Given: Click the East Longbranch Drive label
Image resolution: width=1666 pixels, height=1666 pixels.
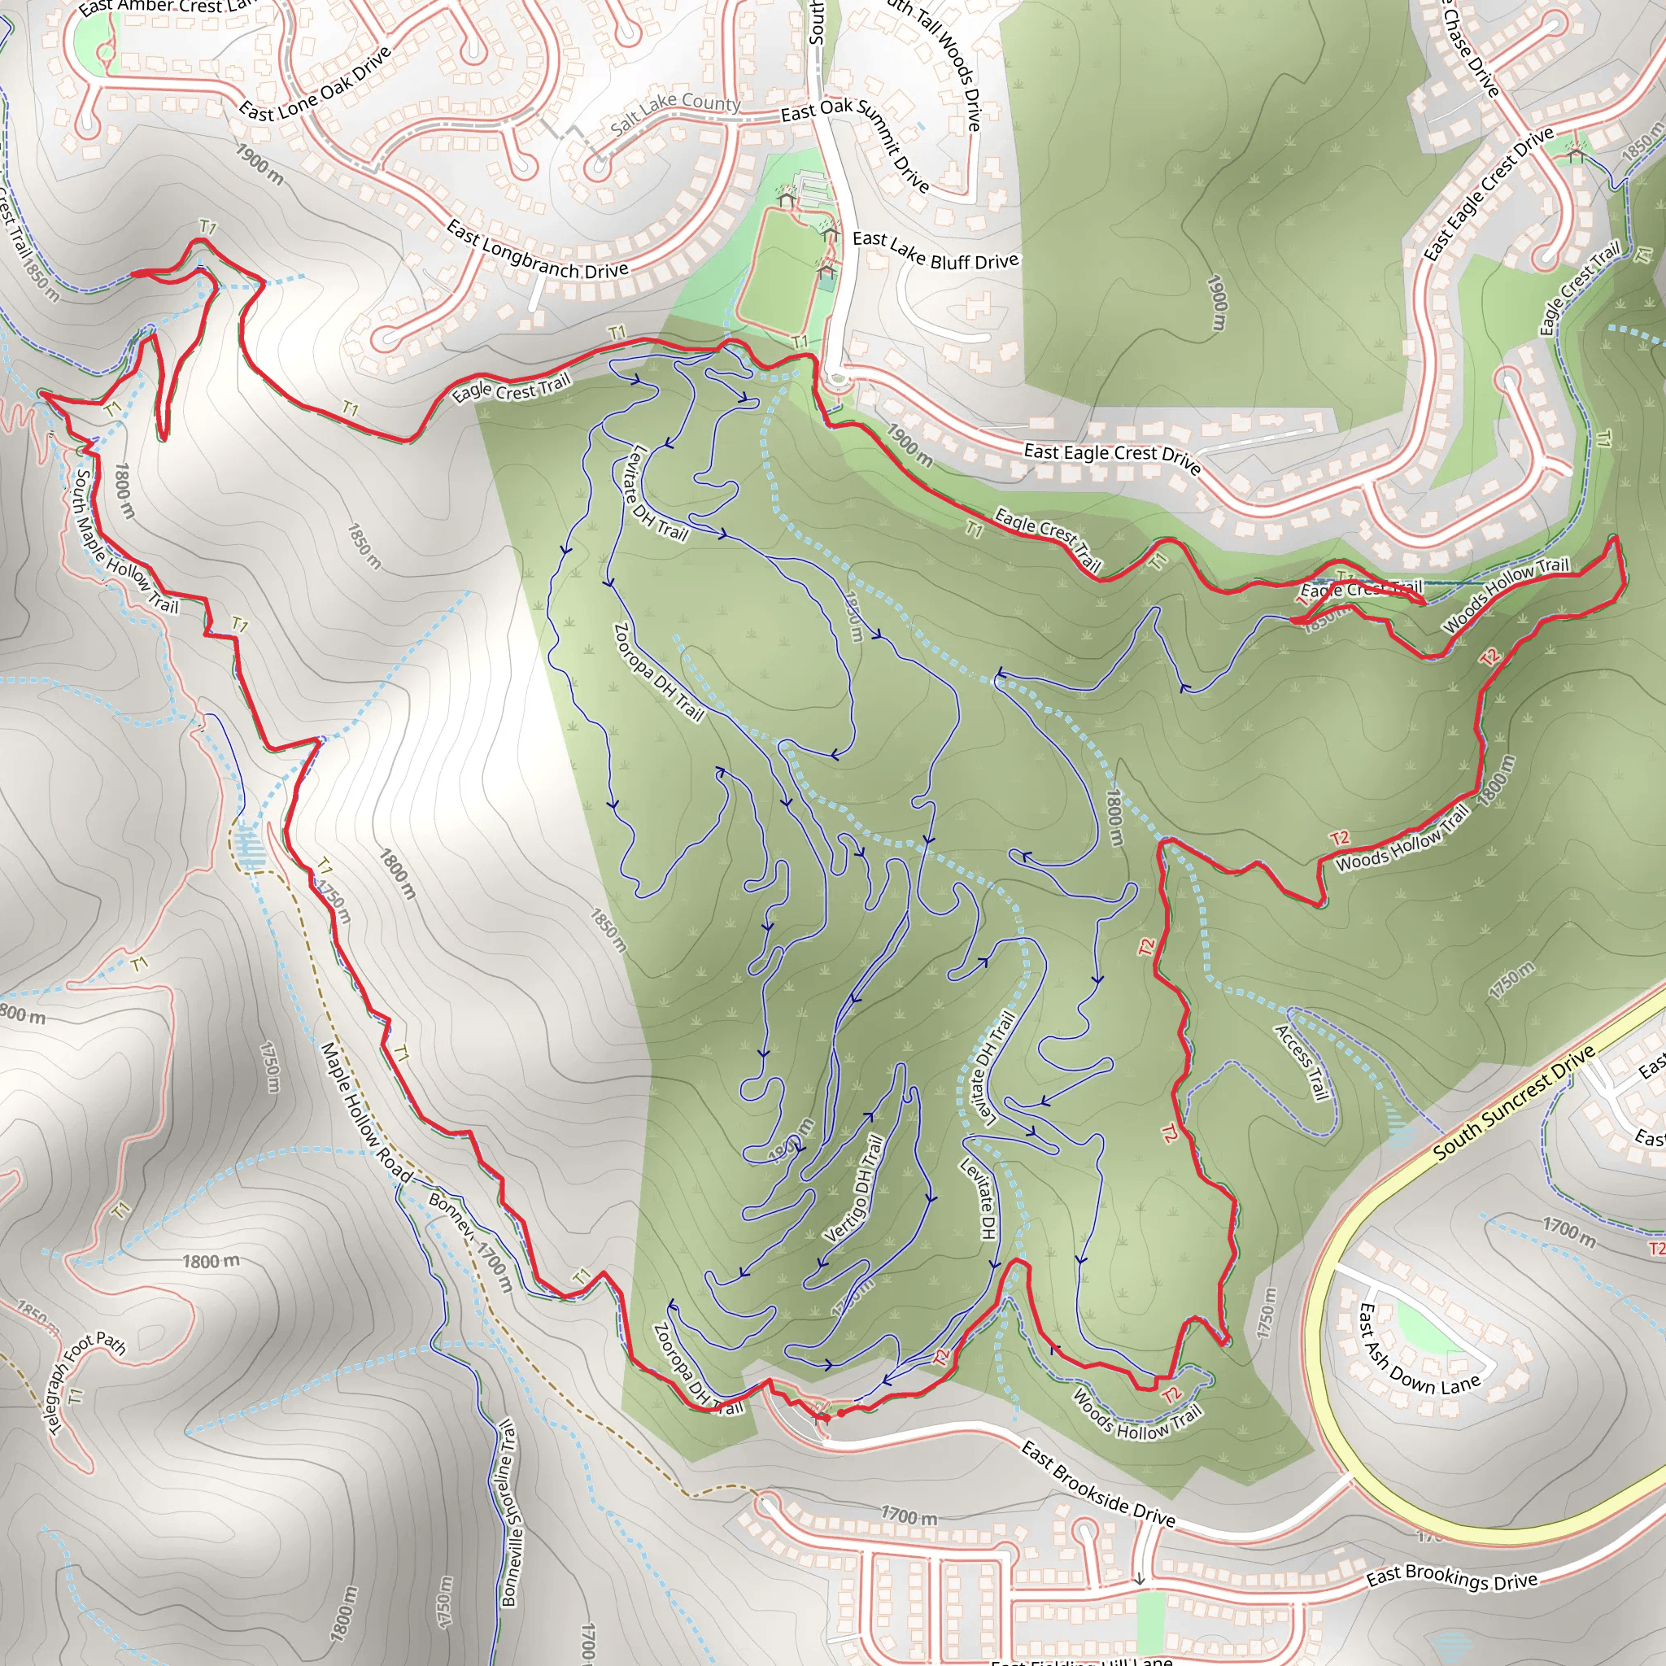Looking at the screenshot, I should tap(536, 251).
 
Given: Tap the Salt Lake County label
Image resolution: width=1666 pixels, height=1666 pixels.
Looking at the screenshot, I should tap(675, 112).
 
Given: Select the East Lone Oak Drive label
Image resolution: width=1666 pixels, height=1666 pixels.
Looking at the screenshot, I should tap(315, 85).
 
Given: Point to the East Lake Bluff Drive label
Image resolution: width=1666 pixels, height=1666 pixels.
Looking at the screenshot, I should tap(935, 250).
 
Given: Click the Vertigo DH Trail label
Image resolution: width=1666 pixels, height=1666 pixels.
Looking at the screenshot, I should tap(853, 1188).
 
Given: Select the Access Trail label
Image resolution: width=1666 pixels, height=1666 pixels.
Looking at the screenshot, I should tap(1302, 1062).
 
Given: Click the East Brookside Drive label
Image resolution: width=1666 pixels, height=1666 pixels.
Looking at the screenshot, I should tap(1097, 1483).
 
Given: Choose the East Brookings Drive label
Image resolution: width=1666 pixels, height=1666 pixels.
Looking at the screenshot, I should tap(1452, 1577).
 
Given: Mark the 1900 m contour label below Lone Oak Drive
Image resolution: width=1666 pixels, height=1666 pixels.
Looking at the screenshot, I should tap(259, 164).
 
